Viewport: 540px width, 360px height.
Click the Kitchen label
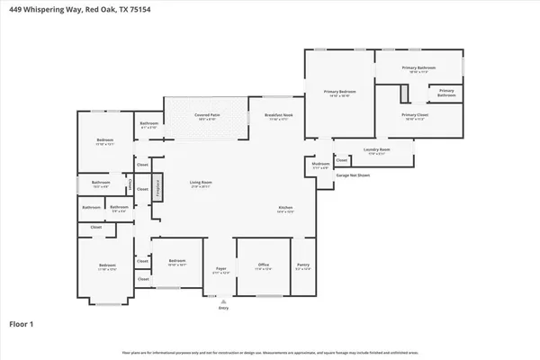[x=284, y=209]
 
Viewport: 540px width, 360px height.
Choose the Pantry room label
[x=305, y=265]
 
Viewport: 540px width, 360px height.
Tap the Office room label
[x=262, y=265]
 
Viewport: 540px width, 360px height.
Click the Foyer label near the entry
[x=220, y=269]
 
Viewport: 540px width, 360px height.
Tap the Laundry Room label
[x=376, y=149]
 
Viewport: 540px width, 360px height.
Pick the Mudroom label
[x=320, y=165]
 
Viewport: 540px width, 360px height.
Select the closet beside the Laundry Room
[x=342, y=161]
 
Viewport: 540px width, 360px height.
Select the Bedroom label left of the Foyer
[x=171, y=262]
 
